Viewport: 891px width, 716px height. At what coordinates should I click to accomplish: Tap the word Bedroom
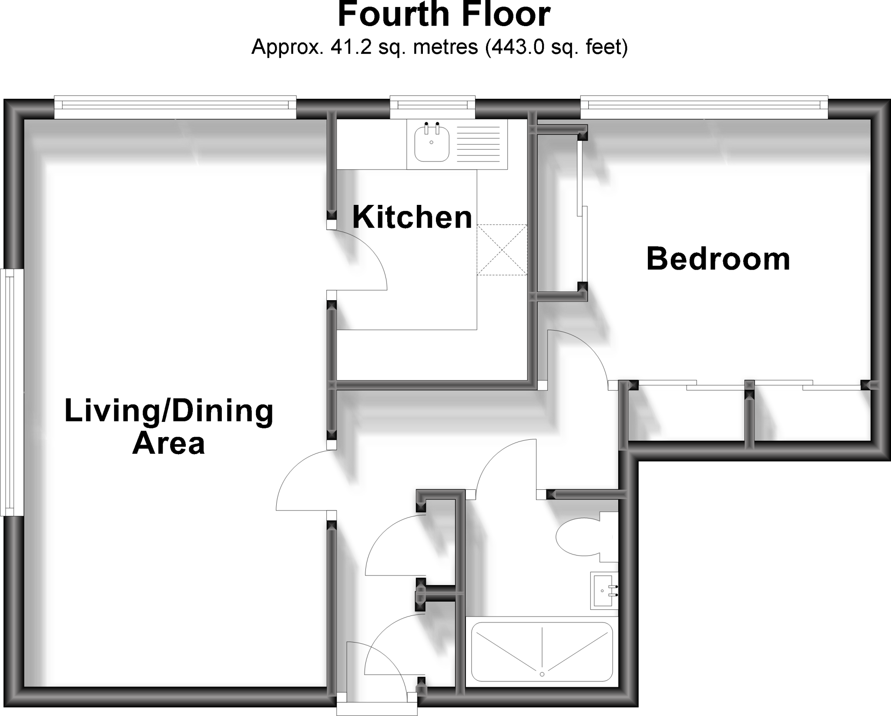click(718, 259)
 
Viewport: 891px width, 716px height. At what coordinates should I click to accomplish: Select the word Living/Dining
click(169, 412)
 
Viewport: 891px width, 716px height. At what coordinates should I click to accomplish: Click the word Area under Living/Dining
click(168, 444)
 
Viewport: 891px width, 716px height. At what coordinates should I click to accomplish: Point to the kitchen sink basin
click(431, 143)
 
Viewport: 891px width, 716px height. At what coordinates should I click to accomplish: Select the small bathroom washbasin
click(604, 591)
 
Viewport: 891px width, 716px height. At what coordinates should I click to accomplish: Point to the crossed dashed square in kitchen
click(502, 250)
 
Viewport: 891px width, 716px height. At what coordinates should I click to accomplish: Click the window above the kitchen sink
click(432, 106)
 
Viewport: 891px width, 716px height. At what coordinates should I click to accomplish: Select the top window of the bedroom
click(703, 105)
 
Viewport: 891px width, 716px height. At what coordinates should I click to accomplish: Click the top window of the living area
click(175, 106)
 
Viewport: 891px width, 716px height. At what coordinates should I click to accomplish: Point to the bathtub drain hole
click(542, 686)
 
